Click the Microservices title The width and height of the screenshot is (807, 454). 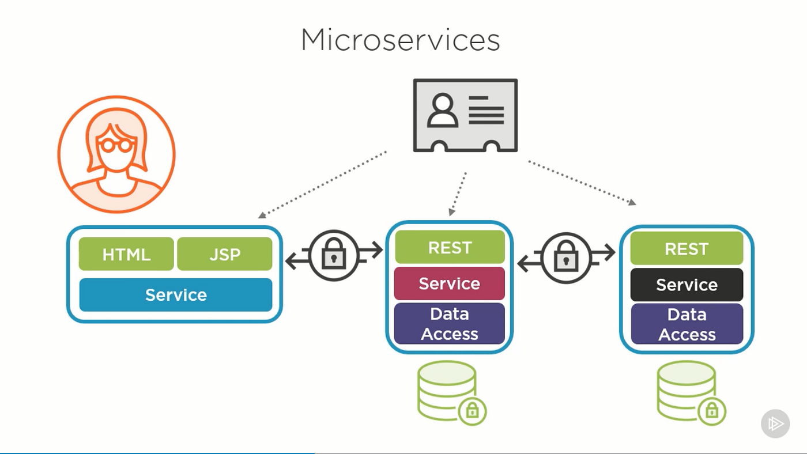pos(400,40)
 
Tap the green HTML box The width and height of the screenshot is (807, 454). pos(126,254)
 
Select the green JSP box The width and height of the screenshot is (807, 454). pos(225,254)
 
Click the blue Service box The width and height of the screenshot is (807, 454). pos(176,295)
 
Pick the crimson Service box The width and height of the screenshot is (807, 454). pos(450,283)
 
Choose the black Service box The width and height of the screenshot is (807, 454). pos(687,285)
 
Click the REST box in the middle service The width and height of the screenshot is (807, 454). pos(450,248)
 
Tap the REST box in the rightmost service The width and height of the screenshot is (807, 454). pos(687,249)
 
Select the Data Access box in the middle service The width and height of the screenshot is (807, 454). pos(450,324)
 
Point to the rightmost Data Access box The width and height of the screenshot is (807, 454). pos(687,324)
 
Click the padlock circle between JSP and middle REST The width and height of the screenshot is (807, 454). pos(334,255)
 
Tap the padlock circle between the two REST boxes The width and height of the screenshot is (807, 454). pos(566,258)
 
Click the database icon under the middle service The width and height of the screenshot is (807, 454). pos(447,391)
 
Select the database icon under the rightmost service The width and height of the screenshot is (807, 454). pos(687,391)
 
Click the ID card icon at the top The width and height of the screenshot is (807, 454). pos(465,115)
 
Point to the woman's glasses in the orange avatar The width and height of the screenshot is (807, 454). pos(116,145)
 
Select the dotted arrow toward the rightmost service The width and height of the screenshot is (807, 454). pos(582,183)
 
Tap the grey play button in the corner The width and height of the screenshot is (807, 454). pos(775,424)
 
